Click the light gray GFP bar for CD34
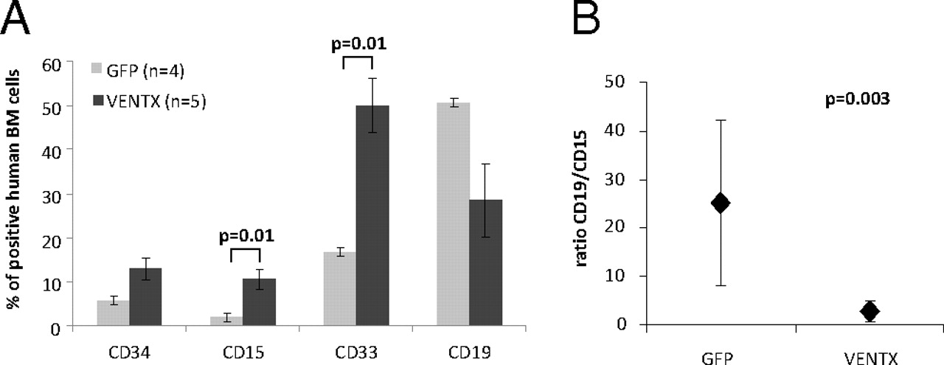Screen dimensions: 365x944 (113, 313)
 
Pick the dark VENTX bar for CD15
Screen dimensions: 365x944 (260, 302)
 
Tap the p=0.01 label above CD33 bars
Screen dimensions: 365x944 (360, 43)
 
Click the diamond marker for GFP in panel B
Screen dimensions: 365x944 (721, 203)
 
